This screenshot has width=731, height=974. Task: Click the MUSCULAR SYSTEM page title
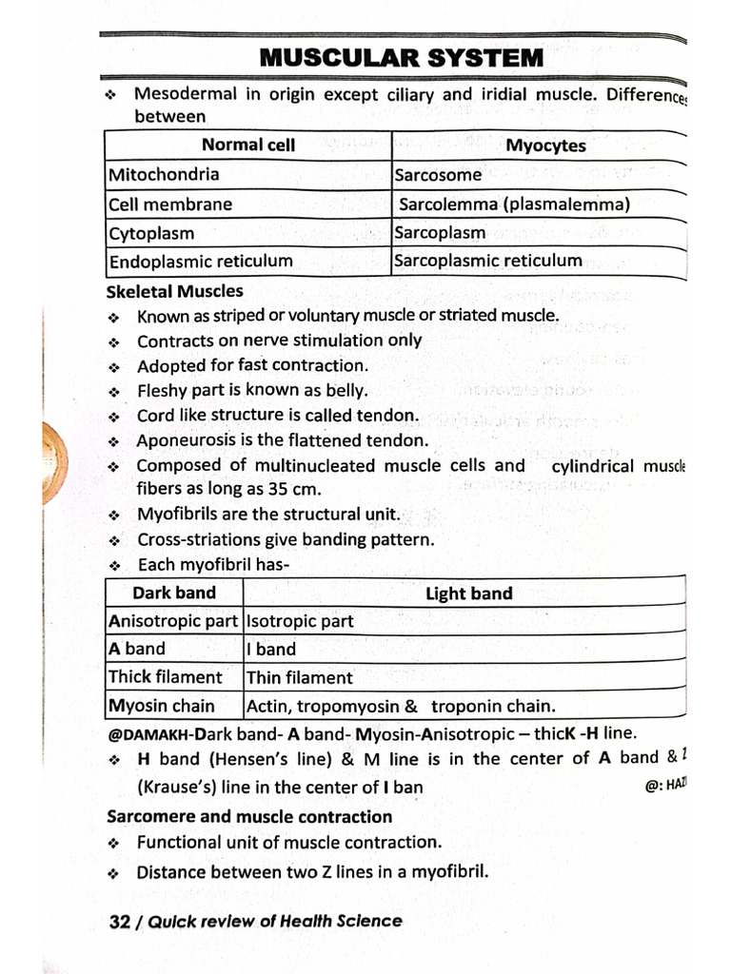pos(401,57)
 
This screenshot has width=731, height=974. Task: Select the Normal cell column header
pos(247,145)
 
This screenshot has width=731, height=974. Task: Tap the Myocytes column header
pos(545,146)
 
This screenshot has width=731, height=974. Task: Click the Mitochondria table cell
pos(164,174)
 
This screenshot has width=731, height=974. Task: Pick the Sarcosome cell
pos(438,175)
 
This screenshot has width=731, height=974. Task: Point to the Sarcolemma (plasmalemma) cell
pos(514,204)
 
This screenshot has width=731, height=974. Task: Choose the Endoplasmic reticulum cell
pos(201,261)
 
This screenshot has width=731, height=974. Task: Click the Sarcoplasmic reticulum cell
pos(487,261)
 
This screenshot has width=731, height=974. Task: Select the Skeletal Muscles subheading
pos(175,291)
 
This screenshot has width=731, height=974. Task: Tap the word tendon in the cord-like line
pos(391,415)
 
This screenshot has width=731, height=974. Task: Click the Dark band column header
pos(174,593)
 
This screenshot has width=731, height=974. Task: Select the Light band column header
pos(468,594)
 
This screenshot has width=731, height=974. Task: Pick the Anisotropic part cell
pos(173,621)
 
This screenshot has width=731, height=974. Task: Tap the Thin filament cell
pos(299,678)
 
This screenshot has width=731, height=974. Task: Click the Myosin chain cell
pos(162,706)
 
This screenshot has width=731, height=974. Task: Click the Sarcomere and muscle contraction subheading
pos(249,816)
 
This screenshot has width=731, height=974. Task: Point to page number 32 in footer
pos(120,921)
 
